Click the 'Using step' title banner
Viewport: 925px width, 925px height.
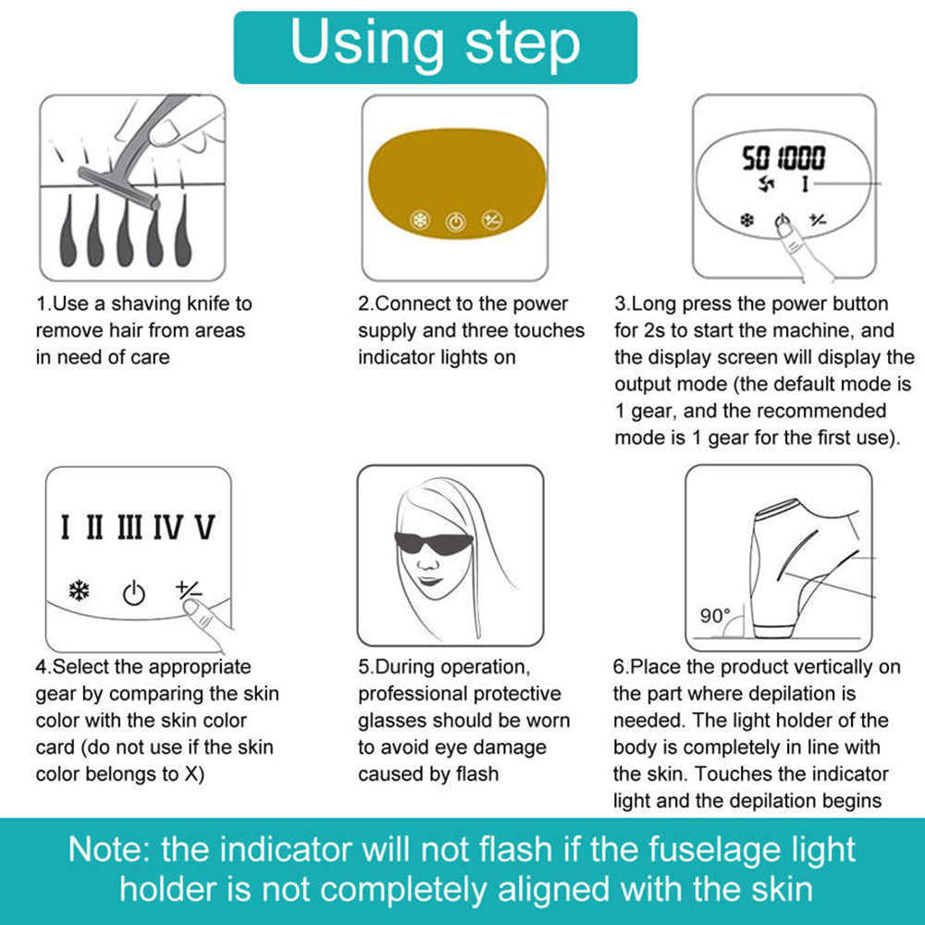click(x=436, y=47)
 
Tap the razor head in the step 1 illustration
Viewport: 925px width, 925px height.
click(x=118, y=188)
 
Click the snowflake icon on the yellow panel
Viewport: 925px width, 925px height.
click(x=420, y=220)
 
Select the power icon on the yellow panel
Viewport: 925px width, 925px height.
click(x=455, y=222)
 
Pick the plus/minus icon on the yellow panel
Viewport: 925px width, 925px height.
click(x=491, y=221)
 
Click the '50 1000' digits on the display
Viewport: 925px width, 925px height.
click(x=783, y=157)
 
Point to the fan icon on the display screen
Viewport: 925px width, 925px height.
click(x=766, y=183)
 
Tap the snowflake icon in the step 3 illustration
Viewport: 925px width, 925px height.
click(x=747, y=221)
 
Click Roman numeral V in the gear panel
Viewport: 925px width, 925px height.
click(x=204, y=527)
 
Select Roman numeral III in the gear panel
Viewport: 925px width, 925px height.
click(x=129, y=527)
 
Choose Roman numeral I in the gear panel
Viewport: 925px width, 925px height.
click(x=66, y=527)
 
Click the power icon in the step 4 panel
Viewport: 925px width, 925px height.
click(x=134, y=593)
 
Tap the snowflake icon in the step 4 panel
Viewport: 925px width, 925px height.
click(x=79, y=590)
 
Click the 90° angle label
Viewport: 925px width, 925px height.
click(x=715, y=616)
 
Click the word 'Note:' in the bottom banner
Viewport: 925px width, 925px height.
click(x=109, y=849)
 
